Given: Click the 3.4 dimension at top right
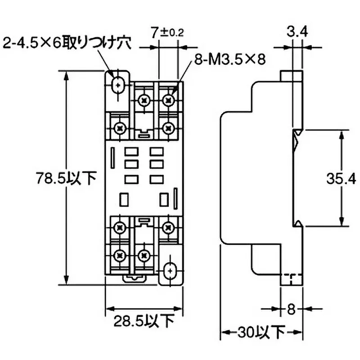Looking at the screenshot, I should tap(298, 32).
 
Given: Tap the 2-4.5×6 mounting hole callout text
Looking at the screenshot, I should tap(66, 43).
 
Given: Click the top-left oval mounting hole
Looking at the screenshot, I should tap(118, 85).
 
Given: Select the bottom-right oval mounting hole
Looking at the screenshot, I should tap(170, 271).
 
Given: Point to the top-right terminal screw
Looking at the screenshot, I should tap(169, 99).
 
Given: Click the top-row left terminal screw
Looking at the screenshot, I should tap(144, 99).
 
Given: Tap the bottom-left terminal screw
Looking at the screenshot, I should tap(120, 256).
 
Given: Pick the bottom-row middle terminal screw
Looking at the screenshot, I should tap(144, 256).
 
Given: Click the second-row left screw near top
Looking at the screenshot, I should tap(120, 128).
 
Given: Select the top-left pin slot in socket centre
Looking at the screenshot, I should tap(131, 152).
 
